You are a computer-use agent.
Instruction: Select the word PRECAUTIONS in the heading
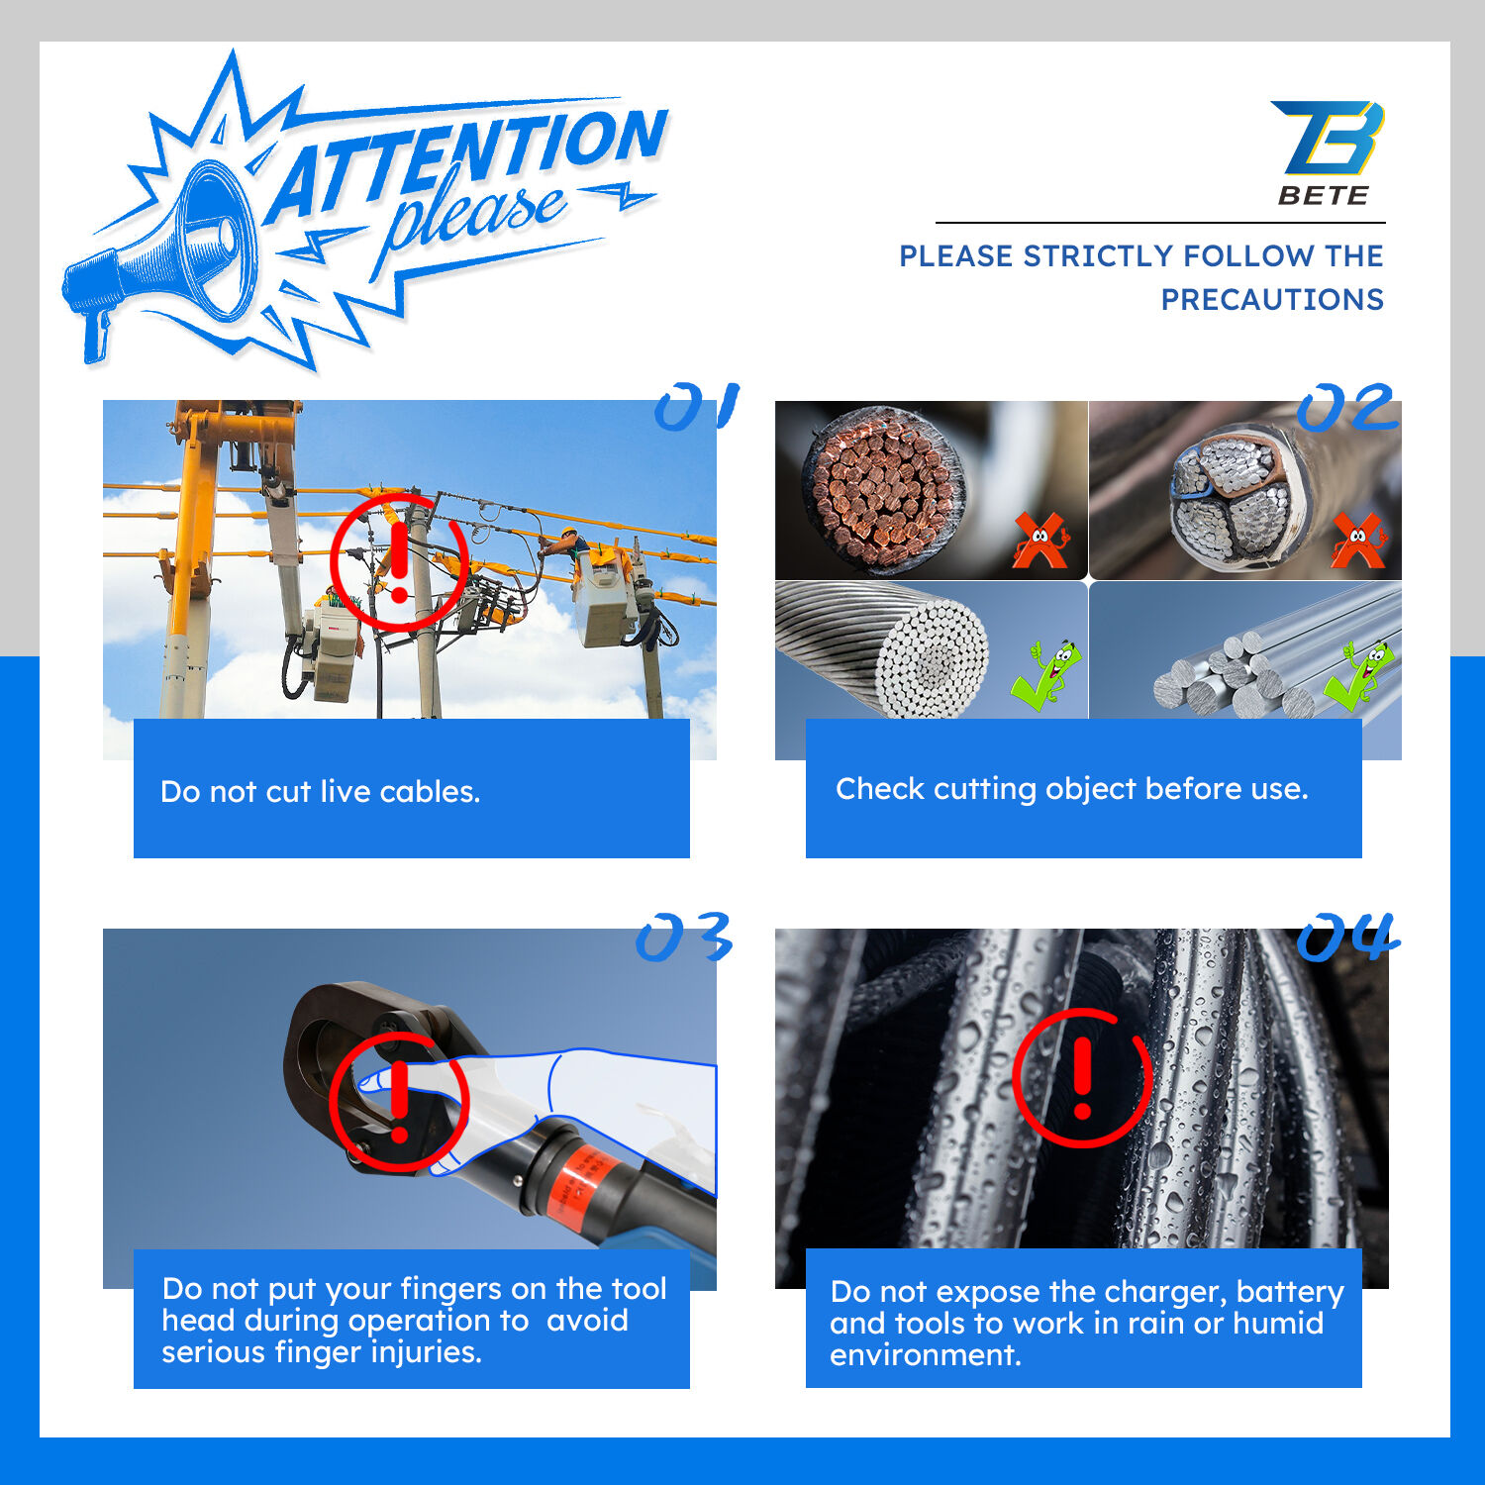point(1272,299)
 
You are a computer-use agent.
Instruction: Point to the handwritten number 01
point(697,406)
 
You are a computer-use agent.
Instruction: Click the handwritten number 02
point(1346,408)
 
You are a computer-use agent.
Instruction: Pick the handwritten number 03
point(684,937)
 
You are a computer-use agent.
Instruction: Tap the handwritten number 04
point(1347,937)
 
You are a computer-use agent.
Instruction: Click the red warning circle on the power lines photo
point(399,562)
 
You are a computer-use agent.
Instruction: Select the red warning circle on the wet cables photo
point(1082,1078)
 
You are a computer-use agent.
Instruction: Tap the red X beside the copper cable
point(1040,541)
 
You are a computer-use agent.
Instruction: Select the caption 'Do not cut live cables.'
point(320,792)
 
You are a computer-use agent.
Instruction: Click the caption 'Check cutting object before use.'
point(1072,789)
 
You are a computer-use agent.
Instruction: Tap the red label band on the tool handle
point(584,1183)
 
